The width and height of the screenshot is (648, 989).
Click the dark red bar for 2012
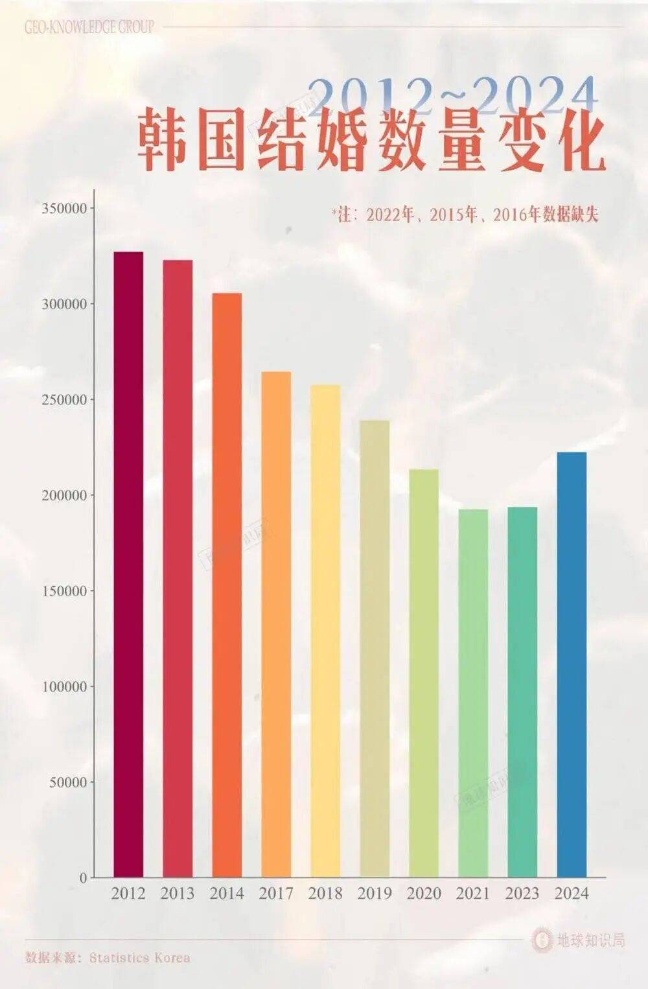(128, 564)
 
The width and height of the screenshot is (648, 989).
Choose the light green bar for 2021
(473, 693)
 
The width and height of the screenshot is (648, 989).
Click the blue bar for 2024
(572, 664)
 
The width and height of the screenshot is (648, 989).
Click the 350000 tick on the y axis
(64, 209)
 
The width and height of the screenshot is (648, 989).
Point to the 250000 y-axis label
(64, 400)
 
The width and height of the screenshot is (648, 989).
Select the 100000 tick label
(64, 687)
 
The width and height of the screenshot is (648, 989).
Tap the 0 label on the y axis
(83, 878)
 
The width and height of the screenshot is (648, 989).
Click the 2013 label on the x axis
(178, 894)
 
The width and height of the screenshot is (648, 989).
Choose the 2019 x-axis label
(375, 894)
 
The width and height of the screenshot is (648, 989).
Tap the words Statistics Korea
(140, 958)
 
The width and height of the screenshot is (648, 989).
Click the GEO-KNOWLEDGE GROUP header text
(89, 27)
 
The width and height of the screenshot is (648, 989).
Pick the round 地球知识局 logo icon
(542, 940)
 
